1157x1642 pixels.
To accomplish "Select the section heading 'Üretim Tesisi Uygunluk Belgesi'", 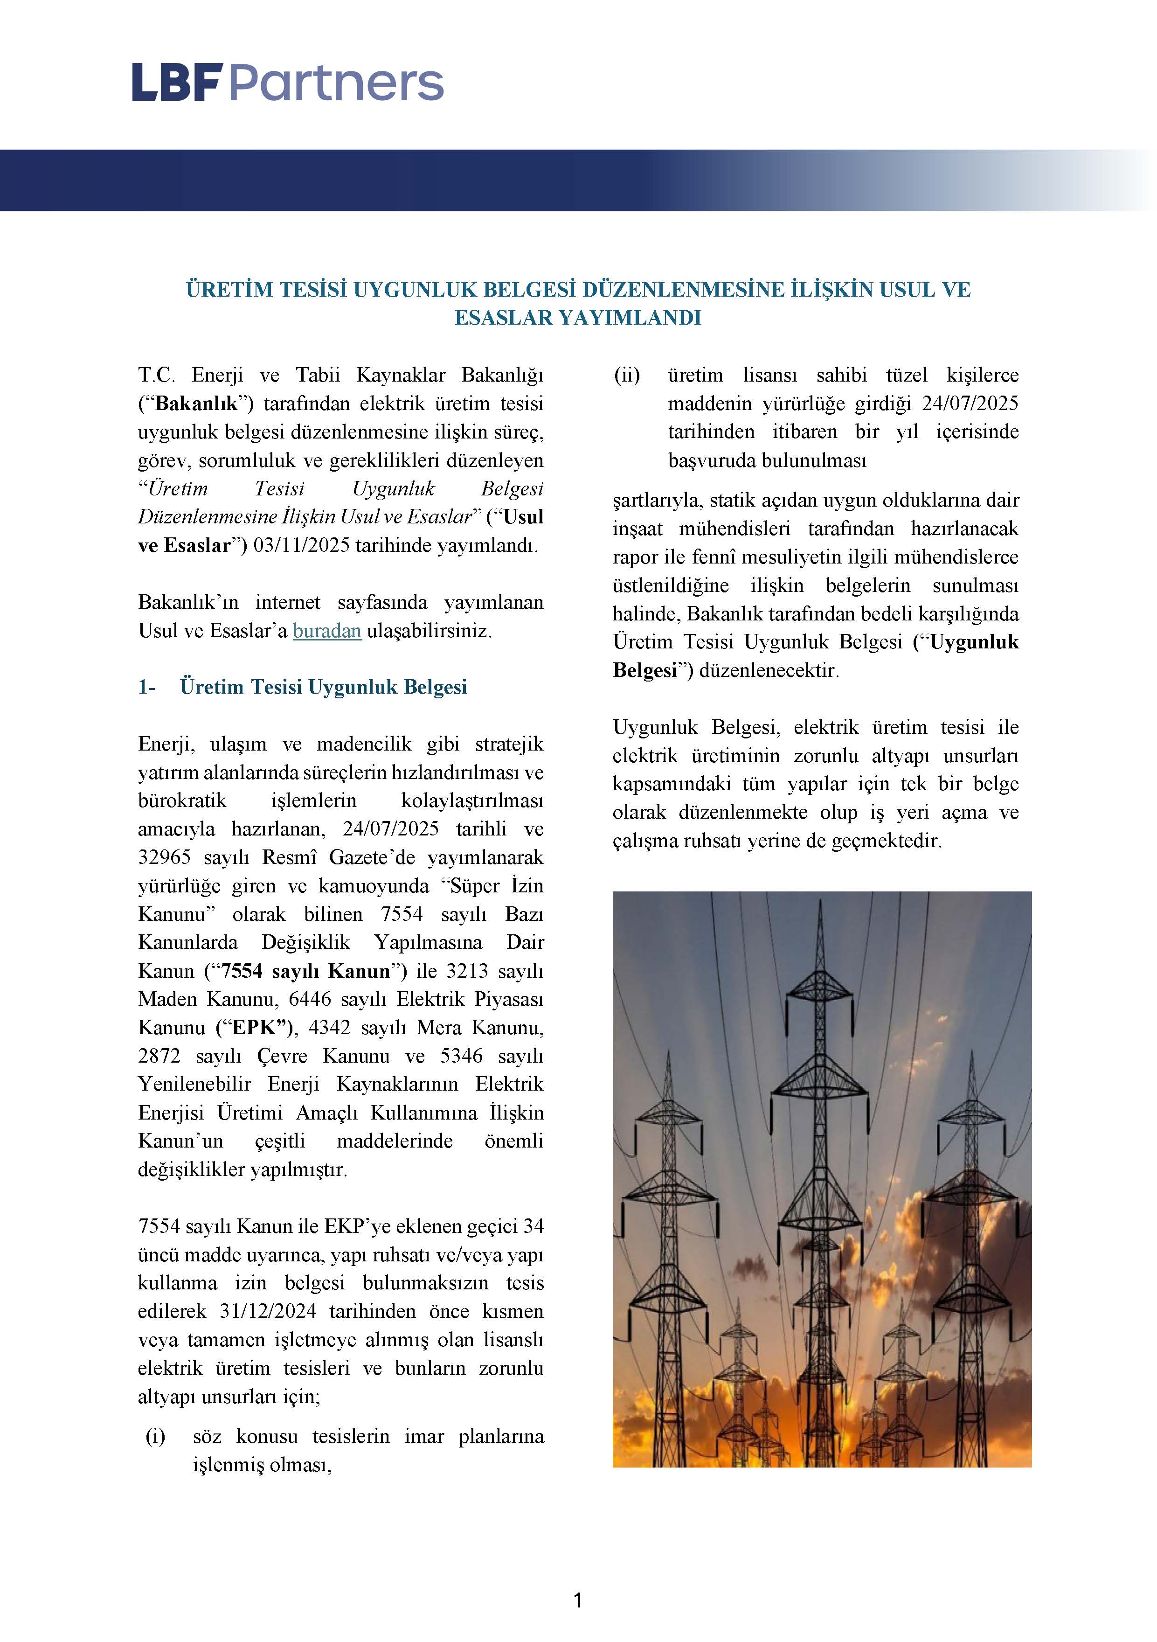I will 323,687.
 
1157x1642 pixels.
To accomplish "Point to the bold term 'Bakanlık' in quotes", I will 196,404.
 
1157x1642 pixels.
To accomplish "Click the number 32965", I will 162,857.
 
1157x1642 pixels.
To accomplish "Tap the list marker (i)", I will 155,1436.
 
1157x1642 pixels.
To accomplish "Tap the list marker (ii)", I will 627,375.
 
